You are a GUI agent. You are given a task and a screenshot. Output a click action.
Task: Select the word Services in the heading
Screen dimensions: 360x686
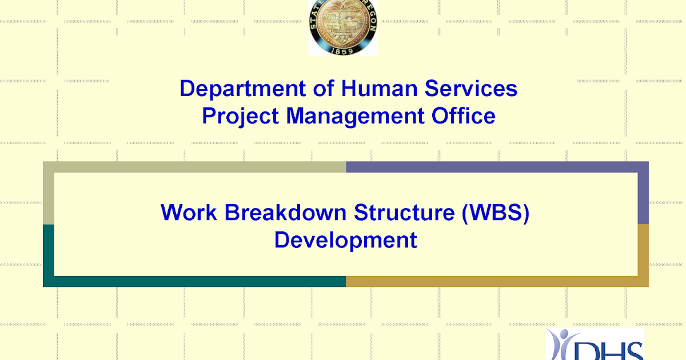click(471, 89)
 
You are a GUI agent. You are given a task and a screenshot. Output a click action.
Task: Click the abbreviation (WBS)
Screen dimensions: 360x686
click(496, 212)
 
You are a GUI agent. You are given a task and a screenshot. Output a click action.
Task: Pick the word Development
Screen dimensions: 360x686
click(345, 239)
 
